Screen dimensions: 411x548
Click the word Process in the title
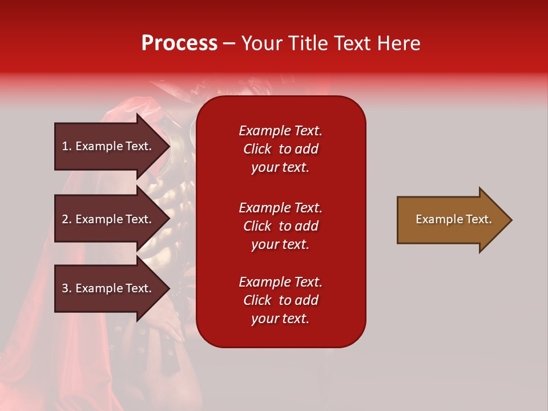[179, 43]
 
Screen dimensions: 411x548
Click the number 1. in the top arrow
[67, 146]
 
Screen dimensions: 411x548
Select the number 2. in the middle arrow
[67, 219]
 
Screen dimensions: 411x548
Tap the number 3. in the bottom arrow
[67, 288]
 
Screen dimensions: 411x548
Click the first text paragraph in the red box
[280, 149]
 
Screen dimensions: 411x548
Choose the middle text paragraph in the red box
[280, 226]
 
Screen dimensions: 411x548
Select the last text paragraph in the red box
[280, 300]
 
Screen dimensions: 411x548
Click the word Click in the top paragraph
[257, 149]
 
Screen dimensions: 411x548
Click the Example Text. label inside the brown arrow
[453, 219]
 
